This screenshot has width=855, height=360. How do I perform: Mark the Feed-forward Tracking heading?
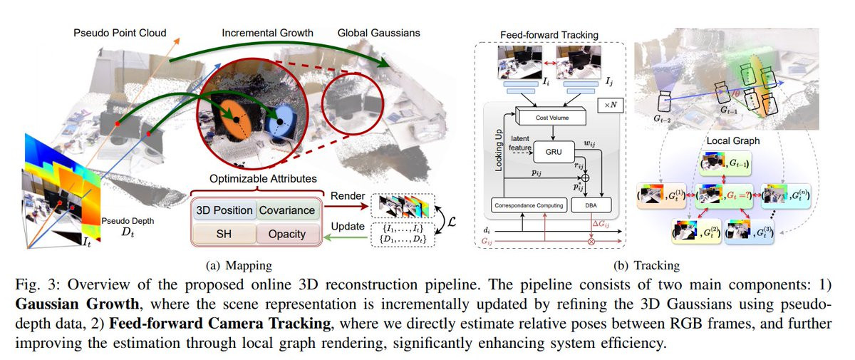tap(549, 35)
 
